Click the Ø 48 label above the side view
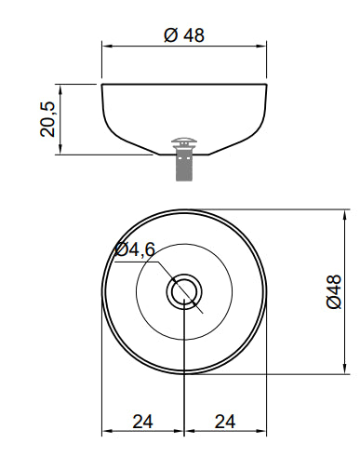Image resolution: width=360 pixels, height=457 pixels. (184, 34)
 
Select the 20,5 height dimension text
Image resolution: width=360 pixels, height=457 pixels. (47, 119)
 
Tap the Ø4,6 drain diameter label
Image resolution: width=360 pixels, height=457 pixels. (134, 249)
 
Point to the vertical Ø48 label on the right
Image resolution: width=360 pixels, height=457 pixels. (334, 291)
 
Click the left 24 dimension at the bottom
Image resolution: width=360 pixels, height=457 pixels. (142, 422)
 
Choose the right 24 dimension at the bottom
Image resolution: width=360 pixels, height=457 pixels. (225, 422)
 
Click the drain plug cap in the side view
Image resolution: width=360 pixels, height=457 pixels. (184, 141)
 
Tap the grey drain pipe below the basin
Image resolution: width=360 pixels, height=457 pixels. (184, 165)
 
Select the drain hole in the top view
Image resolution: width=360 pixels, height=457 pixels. (184, 291)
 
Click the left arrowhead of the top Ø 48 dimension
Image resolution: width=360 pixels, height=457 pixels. (107, 47)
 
